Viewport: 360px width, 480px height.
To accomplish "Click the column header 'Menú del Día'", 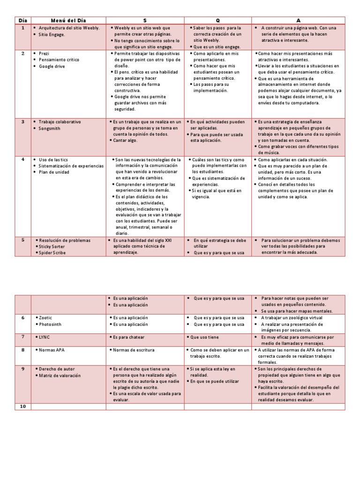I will pyautogui.click(x=68, y=21).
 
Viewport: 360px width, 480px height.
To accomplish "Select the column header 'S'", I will pyautogui.click(x=145, y=21).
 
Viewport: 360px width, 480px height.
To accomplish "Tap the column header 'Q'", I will pyautogui.click(x=217, y=21).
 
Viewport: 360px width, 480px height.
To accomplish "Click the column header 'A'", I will pyautogui.click(x=298, y=21).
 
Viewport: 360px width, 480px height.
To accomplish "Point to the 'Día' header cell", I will pyautogui.click(x=22, y=21).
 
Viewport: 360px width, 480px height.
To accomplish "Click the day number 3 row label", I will pyautogui.click(x=22, y=122).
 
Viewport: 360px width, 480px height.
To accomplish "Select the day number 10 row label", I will pyautogui.click(x=22, y=406).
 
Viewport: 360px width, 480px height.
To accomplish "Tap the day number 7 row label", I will pyautogui.click(x=22, y=337).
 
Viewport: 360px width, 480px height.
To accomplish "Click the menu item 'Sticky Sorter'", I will pyautogui.click(x=52, y=247).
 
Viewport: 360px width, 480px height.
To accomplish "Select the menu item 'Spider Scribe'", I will pyautogui.click(x=52, y=253).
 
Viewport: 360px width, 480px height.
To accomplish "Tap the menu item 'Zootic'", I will pyautogui.click(x=47, y=317).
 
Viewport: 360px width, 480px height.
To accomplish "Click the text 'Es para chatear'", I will pyautogui.click(x=129, y=337).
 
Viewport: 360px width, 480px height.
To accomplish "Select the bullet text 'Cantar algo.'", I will pyautogui.click(x=126, y=140).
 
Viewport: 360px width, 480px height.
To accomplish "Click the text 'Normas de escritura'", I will pyautogui.click(x=134, y=350).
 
